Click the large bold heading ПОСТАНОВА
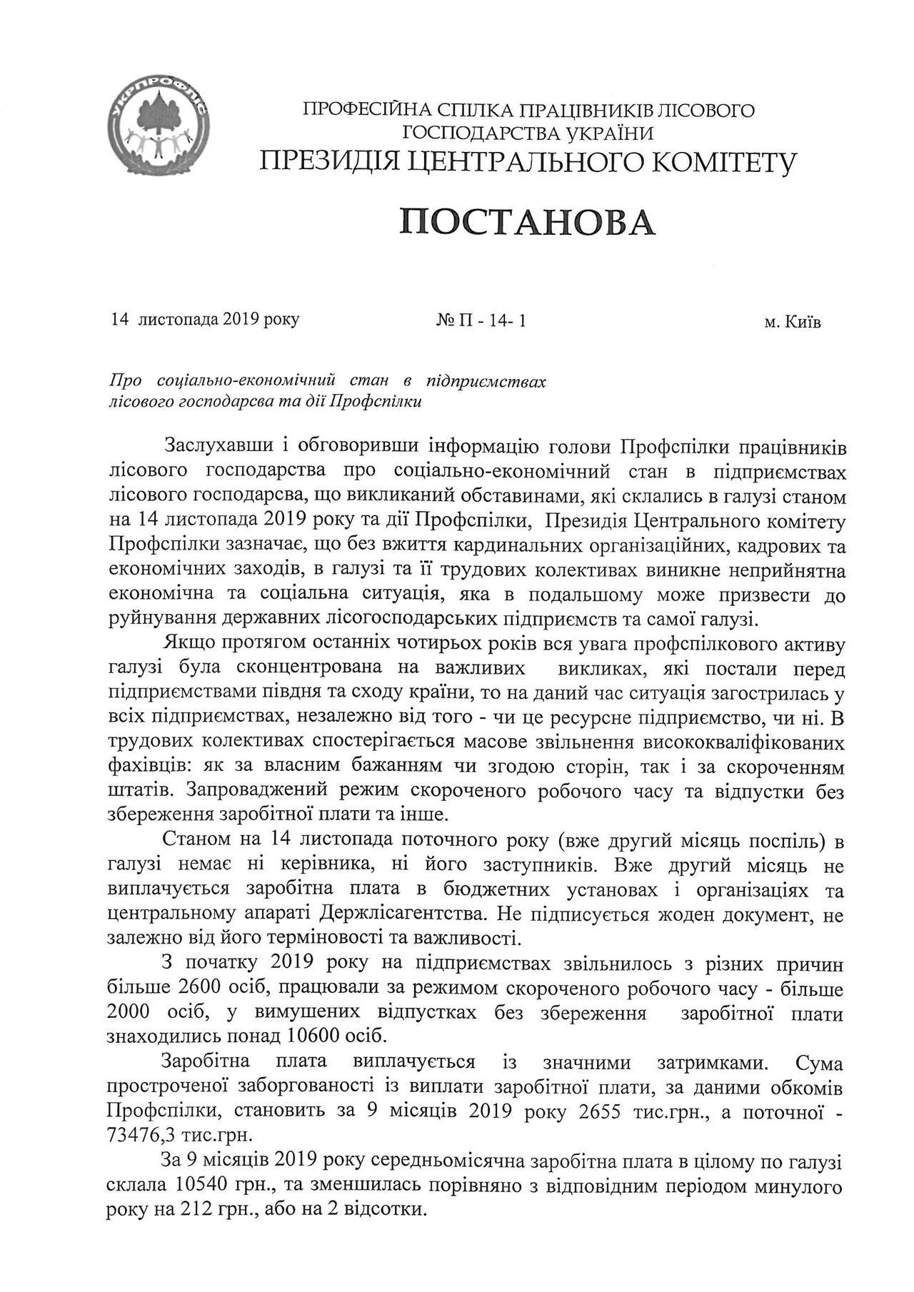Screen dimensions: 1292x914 point(528,223)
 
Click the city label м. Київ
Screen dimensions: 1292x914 point(793,322)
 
